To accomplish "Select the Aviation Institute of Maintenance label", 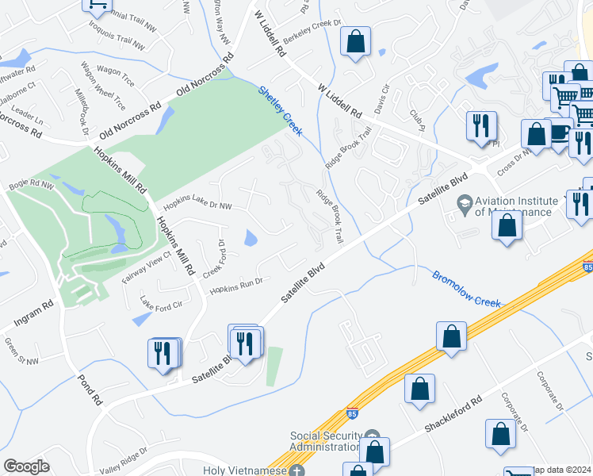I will click(x=513, y=206).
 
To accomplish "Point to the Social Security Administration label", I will click(x=326, y=441).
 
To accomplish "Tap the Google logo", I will click(x=26, y=466).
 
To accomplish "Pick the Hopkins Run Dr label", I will click(x=235, y=286).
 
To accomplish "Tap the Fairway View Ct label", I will click(x=146, y=269).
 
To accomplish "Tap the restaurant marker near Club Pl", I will click(x=481, y=126).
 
